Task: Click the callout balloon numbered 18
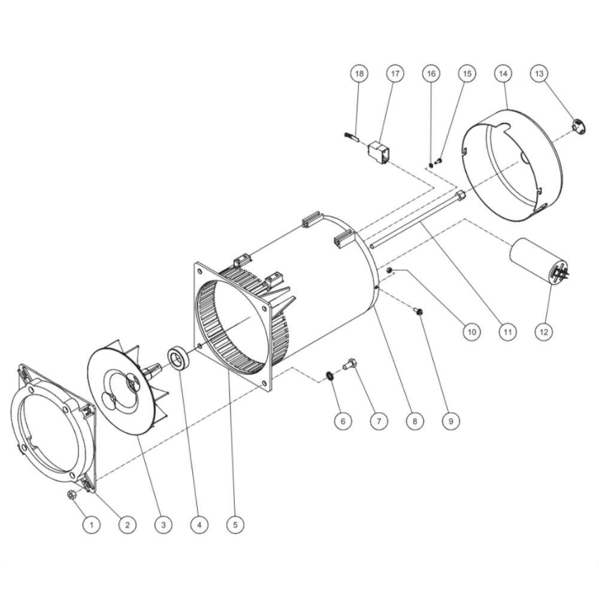pyautogui.click(x=359, y=74)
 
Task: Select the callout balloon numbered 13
pyautogui.click(x=539, y=74)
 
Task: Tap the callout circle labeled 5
pyautogui.click(x=235, y=525)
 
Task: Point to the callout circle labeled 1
pyautogui.click(x=91, y=525)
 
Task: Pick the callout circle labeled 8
pyautogui.click(x=413, y=421)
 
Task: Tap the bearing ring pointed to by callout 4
pyautogui.click(x=178, y=359)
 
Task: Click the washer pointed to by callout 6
pyautogui.click(x=329, y=376)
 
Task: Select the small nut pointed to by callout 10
pyautogui.click(x=389, y=271)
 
